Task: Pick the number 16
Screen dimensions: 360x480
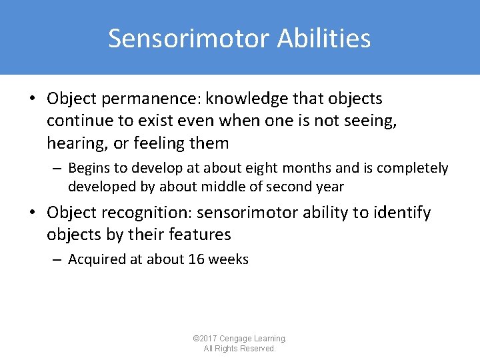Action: [196, 259]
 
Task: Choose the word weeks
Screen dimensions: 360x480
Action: [228, 259]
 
